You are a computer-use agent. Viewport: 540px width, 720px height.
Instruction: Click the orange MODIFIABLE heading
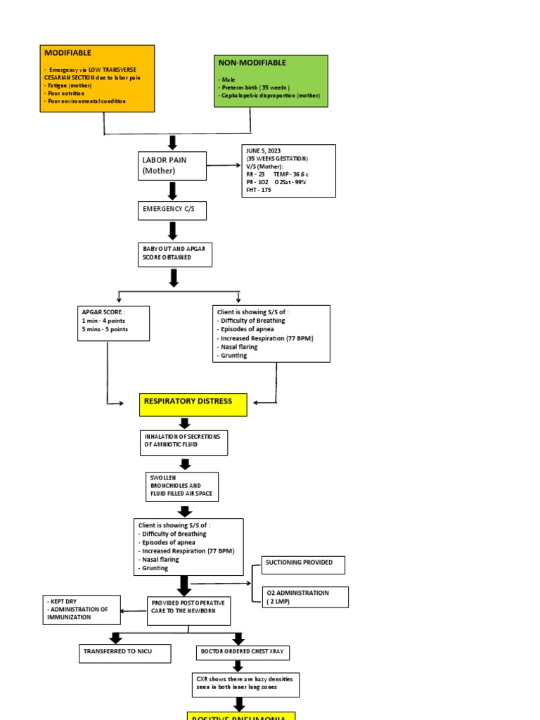click(x=68, y=53)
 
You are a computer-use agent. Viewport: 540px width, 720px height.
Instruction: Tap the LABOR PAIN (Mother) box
click(x=172, y=166)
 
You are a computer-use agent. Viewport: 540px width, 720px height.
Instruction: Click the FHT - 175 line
click(x=258, y=190)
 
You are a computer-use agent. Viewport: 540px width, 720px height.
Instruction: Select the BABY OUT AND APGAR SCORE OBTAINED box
click(x=174, y=253)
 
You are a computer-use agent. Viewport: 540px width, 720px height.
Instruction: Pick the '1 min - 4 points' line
click(x=105, y=321)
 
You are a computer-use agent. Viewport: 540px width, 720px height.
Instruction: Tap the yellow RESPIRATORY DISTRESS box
click(x=193, y=404)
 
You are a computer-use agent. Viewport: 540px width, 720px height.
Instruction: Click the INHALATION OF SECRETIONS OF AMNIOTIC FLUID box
click(x=183, y=442)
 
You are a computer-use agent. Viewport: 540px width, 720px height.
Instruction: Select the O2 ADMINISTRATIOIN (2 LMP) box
click(x=304, y=597)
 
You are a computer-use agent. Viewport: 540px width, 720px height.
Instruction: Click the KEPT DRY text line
click(x=61, y=602)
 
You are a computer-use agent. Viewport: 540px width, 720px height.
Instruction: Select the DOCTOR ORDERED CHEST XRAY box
click(x=242, y=653)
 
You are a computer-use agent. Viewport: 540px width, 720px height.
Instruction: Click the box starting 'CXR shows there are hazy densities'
click(x=246, y=684)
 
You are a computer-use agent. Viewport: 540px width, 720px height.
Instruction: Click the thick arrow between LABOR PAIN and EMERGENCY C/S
click(x=172, y=191)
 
